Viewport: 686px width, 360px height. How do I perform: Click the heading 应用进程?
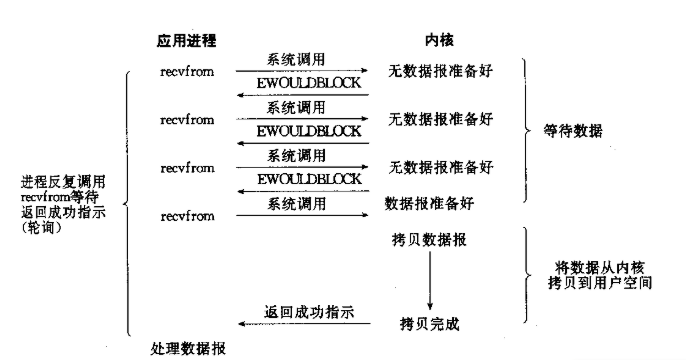187,40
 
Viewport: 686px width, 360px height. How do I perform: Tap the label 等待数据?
576,131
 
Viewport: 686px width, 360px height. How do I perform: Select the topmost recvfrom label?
187,72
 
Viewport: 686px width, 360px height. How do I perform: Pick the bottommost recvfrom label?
187,215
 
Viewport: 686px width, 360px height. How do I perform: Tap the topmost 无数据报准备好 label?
441,72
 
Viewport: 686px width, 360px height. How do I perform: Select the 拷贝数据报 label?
430,241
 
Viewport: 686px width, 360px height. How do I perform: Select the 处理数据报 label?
188,348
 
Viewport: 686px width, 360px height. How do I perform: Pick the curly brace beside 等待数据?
521,131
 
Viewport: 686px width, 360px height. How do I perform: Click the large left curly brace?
127,200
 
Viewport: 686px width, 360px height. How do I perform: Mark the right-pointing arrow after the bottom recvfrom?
301,214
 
